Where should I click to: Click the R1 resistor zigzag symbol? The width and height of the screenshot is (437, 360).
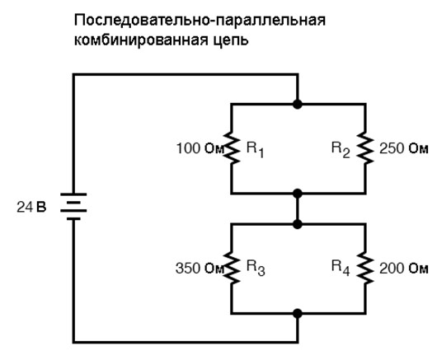(x=232, y=147)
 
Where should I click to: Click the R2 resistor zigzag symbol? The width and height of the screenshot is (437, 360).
(x=365, y=147)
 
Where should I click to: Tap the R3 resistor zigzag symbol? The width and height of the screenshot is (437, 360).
(x=232, y=268)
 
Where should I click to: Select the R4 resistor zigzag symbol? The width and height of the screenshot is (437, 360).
(x=365, y=268)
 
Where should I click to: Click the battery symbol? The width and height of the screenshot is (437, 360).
(x=73, y=207)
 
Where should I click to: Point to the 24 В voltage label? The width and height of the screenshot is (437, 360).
(x=31, y=208)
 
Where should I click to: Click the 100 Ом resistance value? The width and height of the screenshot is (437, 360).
(x=200, y=148)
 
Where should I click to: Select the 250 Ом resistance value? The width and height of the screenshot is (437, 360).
(x=403, y=148)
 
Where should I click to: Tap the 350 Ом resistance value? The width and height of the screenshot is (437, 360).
(x=200, y=269)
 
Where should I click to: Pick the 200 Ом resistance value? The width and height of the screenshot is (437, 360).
(x=403, y=269)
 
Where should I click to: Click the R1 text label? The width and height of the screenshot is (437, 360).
(x=255, y=150)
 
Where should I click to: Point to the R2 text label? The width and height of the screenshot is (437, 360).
(x=341, y=150)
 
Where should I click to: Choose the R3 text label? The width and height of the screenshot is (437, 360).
(x=256, y=269)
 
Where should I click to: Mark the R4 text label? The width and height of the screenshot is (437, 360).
(x=341, y=269)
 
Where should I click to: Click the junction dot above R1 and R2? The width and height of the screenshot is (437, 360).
(x=298, y=105)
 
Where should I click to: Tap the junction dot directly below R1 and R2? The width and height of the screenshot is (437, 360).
(x=298, y=194)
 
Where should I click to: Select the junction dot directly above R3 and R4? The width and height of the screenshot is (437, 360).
(x=298, y=224)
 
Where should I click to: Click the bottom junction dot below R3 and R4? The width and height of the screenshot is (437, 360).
(x=298, y=314)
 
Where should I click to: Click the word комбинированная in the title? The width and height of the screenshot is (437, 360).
(x=141, y=40)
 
